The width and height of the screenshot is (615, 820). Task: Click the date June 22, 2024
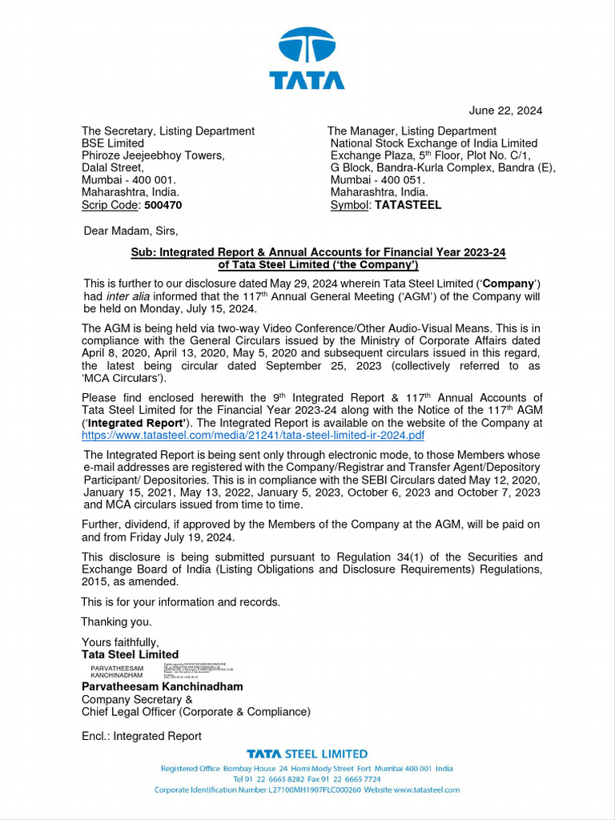[x=505, y=111]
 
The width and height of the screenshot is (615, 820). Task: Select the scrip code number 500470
[x=163, y=205]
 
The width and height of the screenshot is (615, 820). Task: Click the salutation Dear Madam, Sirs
[x=131, y=231]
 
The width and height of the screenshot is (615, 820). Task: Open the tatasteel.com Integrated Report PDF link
[x=253, y=435]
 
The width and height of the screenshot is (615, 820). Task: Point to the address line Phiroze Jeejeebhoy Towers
[x=153, y=155]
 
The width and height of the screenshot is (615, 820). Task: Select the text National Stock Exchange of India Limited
[x=434, y=143]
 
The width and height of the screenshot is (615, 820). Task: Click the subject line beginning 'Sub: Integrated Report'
[x=318, y=252]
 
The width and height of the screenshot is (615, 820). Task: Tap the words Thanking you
[x=116, y=621]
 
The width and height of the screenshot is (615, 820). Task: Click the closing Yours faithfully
[x=120, y=642]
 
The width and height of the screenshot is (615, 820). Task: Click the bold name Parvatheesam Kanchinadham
[x=162, y=686]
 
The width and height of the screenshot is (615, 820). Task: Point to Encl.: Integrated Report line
[x=142, y=736]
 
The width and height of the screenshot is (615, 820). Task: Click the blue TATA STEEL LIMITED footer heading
[x=307, y=754]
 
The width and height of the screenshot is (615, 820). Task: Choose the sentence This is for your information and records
[x=181, y=601]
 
